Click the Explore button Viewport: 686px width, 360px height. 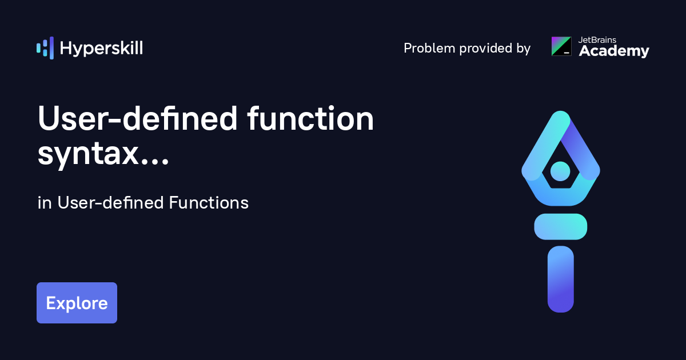click(77, 303)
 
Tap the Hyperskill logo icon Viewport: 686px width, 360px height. click(45, 48)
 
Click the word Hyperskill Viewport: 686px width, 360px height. click(101, 49)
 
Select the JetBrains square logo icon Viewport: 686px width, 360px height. click(561, 46)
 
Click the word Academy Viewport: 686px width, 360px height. click(614, 51)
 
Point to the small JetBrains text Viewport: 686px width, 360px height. click(597, 40)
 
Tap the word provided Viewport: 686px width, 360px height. click(486, 48)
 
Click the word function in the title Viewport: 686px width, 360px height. click(310, 118)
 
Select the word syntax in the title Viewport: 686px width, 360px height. click(88, 154)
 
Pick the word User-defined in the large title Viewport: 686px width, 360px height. click(138, 118)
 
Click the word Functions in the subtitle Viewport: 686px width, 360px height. click(209, 203)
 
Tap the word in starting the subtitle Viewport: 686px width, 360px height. click(45, 203)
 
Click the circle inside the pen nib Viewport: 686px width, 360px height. click(560, 171)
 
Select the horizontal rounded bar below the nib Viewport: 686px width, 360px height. click(560, 226)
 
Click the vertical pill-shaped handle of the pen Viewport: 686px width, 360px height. click(560, 279)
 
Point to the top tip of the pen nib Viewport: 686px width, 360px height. click(561, 112)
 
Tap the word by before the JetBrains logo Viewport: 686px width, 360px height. click(524, 49)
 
